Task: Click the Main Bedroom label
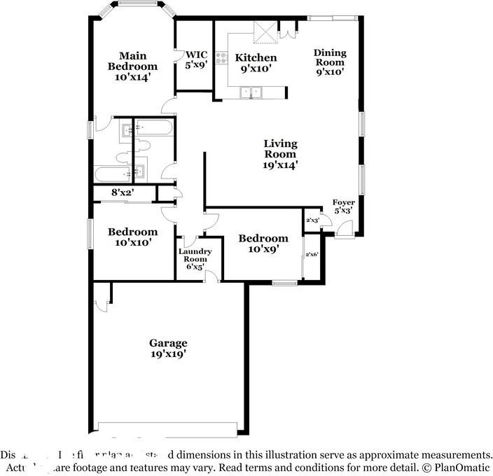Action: (132, 66)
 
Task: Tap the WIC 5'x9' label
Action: (196, 59)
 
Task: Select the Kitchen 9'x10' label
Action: (256, 63)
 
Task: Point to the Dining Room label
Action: (329, 62)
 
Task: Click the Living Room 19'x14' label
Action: (280, 154)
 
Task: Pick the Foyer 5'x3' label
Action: (343, 206)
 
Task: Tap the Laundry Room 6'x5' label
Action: (194, 259)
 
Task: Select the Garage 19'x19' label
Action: (168, 349)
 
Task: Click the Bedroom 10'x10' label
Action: (132, 237)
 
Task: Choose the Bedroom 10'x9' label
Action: (263, 244)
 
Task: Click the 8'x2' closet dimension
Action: (123, 192)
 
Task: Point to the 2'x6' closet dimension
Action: (312, 255)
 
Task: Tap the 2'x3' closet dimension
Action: (312, 220)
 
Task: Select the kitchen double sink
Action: (250, 92)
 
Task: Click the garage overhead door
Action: (167, 428)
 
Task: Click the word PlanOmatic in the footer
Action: (461, 466)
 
